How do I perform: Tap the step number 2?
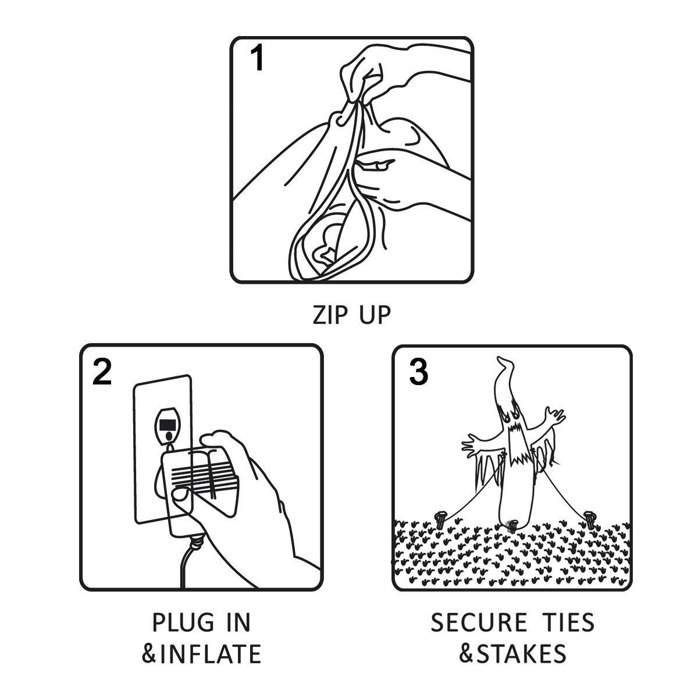(x=102, y=372)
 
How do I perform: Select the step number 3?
(x=418, y=372)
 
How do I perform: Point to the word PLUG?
(x=183, y=622)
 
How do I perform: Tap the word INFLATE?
(x=211, y=654)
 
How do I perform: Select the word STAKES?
(x=521, y=653)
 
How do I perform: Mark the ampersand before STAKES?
(x=467, y=653)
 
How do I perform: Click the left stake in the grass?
(x=441, y=521)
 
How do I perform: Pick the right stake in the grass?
(x=590, y=521)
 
